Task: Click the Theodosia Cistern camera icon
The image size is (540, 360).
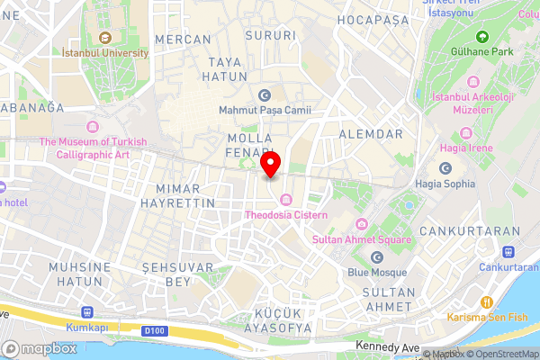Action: coord(286,200)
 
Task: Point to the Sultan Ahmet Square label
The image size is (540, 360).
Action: coord(361,239)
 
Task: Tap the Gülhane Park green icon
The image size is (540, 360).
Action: coord(481,37)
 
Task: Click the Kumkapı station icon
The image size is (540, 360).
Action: coord(86,312)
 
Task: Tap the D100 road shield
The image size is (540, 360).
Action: coord(153,331)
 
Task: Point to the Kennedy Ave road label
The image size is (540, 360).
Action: coord(387,346)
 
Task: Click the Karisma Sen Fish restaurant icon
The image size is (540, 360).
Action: coord(488,302)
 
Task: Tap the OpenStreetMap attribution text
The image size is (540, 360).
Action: coord(503,354)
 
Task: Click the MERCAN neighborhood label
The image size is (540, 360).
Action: coord(183,40)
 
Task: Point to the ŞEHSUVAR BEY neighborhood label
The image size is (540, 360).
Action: coord(178,274)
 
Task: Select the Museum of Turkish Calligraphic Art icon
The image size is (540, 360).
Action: coord(91,125)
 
